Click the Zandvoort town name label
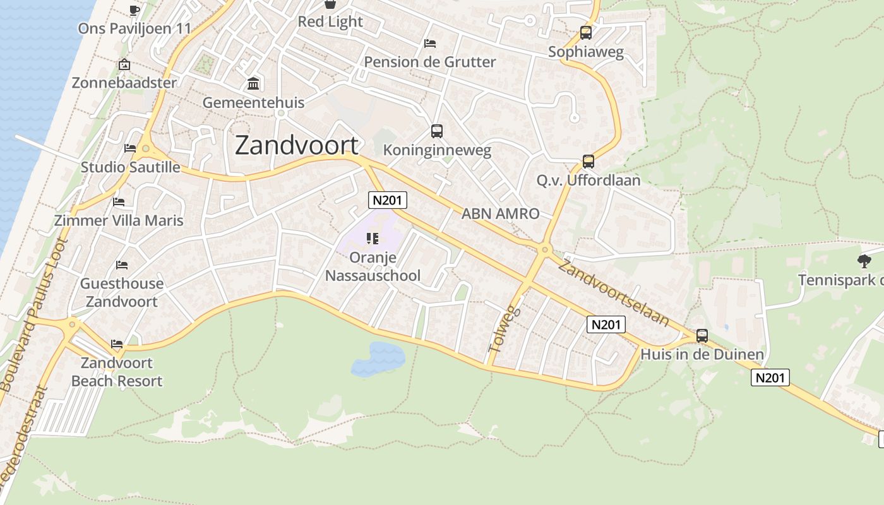[296, 146]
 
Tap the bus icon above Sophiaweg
[586, 33]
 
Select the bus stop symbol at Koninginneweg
[437, 131]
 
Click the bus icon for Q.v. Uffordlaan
[588, 162]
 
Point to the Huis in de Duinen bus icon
[702, 336]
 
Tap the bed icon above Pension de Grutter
[430, 44]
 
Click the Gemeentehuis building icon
[253, 83]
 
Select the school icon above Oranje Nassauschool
[372, 238]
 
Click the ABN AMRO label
[500, 213]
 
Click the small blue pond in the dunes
[378, 359]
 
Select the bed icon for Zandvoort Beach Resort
[117, 344]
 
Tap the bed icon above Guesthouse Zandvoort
[122, 265]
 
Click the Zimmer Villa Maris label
[119, 220]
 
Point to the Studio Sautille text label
[130, 167]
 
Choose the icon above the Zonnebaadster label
[124, 64]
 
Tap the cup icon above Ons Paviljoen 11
[134, 9]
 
